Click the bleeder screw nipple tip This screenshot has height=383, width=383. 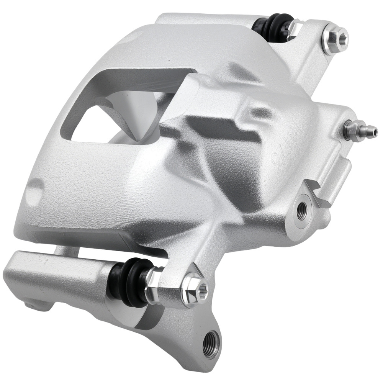coord(374,133)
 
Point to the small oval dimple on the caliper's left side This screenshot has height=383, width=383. coord(36,189)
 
